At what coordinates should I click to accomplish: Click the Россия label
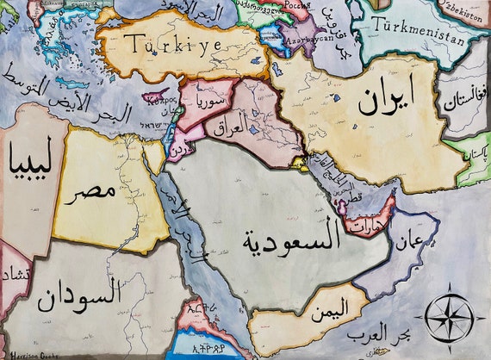pyautogui.click(x=297, y=5)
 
